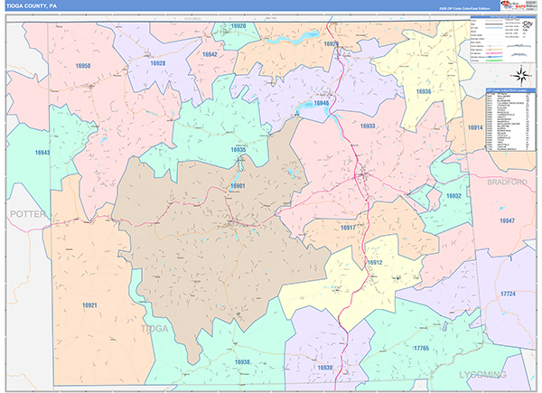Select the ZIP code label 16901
pos(238,185)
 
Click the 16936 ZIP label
pos(424,92)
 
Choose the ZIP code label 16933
pos(368,126)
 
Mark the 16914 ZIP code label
pos(474,127)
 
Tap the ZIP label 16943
pos(42,153)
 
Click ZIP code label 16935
pos(238,150)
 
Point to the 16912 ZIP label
pos(375,262)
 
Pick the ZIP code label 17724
pos(508,294)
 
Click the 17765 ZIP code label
pos(421,348)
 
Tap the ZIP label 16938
pos(243,361)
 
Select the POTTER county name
pos(26,214)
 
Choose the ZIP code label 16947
pos(507,220)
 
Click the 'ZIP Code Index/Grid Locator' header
pos(506,91)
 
